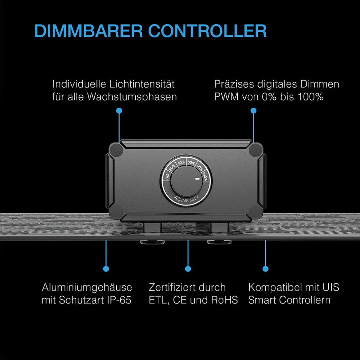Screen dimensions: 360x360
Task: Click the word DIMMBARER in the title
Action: (89, 31)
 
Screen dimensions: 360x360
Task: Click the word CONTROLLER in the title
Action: (207, 31)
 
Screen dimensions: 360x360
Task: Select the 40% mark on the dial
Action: (181, 162)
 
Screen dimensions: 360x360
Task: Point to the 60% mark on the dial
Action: (191, 163)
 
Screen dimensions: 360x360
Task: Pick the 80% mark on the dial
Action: (200, 168)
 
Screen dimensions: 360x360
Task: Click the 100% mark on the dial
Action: (205, 176)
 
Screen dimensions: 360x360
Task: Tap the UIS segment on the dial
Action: (167, 176)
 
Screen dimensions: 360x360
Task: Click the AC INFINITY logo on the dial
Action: (186, 198)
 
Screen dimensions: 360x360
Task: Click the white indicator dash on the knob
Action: (197, 179)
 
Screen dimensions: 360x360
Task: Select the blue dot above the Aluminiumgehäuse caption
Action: (106, 269)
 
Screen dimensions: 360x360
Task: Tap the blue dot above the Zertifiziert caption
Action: (188, 269)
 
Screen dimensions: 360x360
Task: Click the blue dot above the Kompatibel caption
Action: (265, 269)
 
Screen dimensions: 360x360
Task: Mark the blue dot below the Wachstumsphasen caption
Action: (119, 111)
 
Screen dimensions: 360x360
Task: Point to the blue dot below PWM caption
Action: (253, 111)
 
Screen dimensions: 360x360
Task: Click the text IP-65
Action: (119, 300)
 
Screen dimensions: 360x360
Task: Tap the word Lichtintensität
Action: (141, 84)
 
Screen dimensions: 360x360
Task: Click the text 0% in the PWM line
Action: (269, 96)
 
